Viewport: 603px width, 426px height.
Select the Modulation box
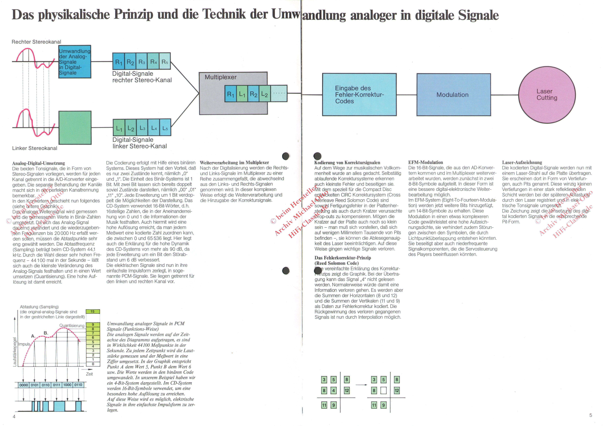tap(454, 95)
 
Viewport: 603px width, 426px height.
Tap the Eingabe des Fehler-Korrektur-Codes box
tap(359, 95)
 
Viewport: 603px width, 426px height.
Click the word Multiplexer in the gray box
tap(221, 77)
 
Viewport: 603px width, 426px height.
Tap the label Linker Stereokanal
tap(35, 148)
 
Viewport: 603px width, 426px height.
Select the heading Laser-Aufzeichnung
tap(522, 162)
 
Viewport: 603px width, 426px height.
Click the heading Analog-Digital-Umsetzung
tap(39, 163)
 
